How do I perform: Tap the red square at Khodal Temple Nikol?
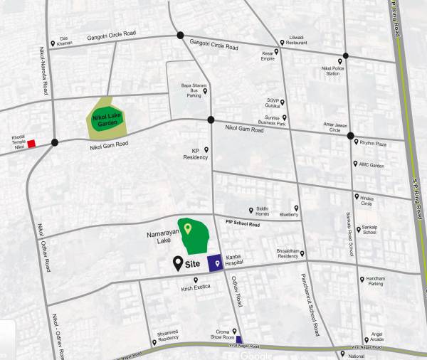(x=31, y=144)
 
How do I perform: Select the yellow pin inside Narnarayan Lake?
(x=187, y=228)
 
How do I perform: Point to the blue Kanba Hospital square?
(x=214, y=263)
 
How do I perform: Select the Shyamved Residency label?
(x=168, y=338)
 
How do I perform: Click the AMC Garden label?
(x=372, y=165)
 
